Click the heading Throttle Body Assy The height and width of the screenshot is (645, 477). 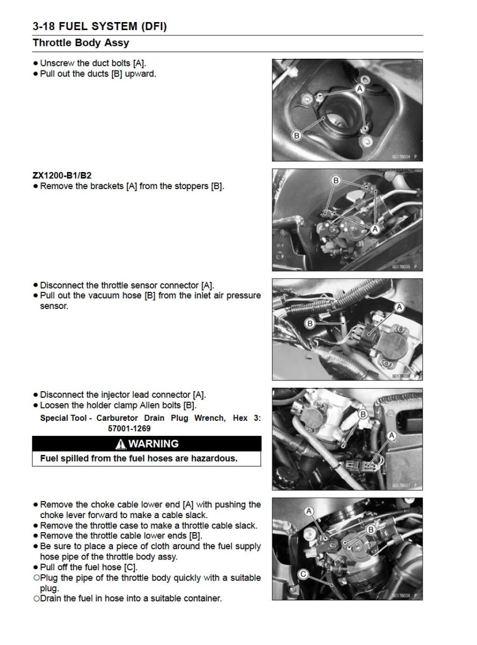[81, 42]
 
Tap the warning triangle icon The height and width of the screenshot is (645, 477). [121, 444]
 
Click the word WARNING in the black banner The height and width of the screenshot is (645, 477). [154, 444]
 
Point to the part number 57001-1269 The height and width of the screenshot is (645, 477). [129, 429]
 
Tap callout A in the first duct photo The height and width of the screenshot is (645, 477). [360, 87]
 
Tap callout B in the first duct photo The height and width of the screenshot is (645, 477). [296, 135]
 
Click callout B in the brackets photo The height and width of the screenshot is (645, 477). [335, 181]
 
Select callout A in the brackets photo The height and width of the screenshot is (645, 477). [375, 229]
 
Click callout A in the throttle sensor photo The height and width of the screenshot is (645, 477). [399, 307]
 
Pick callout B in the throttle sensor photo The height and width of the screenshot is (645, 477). [309, 323]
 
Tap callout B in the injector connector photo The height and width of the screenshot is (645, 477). [363, 414]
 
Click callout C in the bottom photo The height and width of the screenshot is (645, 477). [302, 575]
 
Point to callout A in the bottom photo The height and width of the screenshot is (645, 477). [309, 511]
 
